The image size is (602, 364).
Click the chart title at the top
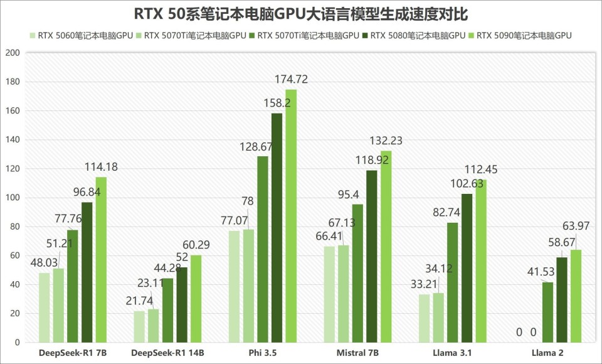click(x=301, y=13)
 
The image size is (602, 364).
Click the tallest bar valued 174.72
click(x=291, y=217)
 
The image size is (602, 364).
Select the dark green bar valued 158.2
click(x=277, y=228)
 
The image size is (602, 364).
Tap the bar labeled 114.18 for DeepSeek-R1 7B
click(x=100, y=260)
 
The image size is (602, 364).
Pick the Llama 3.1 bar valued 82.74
click(x=452, y=282)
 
